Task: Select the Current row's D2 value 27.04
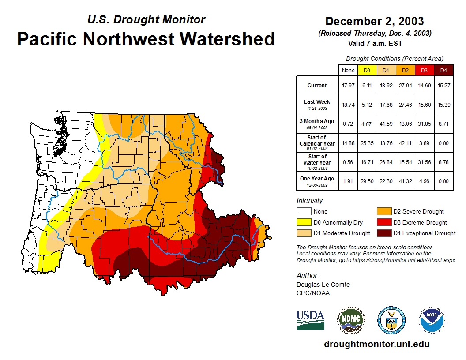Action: click(x=405, y=86)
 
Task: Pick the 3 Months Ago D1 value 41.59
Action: click(x=386, y=124)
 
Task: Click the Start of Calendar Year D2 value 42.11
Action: click(x=405, y=143)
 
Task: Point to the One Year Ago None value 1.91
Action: click(x=348, y=181)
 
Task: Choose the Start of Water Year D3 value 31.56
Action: click(x=424, y=162)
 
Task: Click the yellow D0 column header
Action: click(x=367, y=70)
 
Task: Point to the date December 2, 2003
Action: click(x=374, y=21)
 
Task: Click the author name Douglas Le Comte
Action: click(x=323, y=285)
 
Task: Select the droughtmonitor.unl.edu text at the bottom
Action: click(x=376, y=344)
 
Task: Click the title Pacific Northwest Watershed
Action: click(x=146, y=39)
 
